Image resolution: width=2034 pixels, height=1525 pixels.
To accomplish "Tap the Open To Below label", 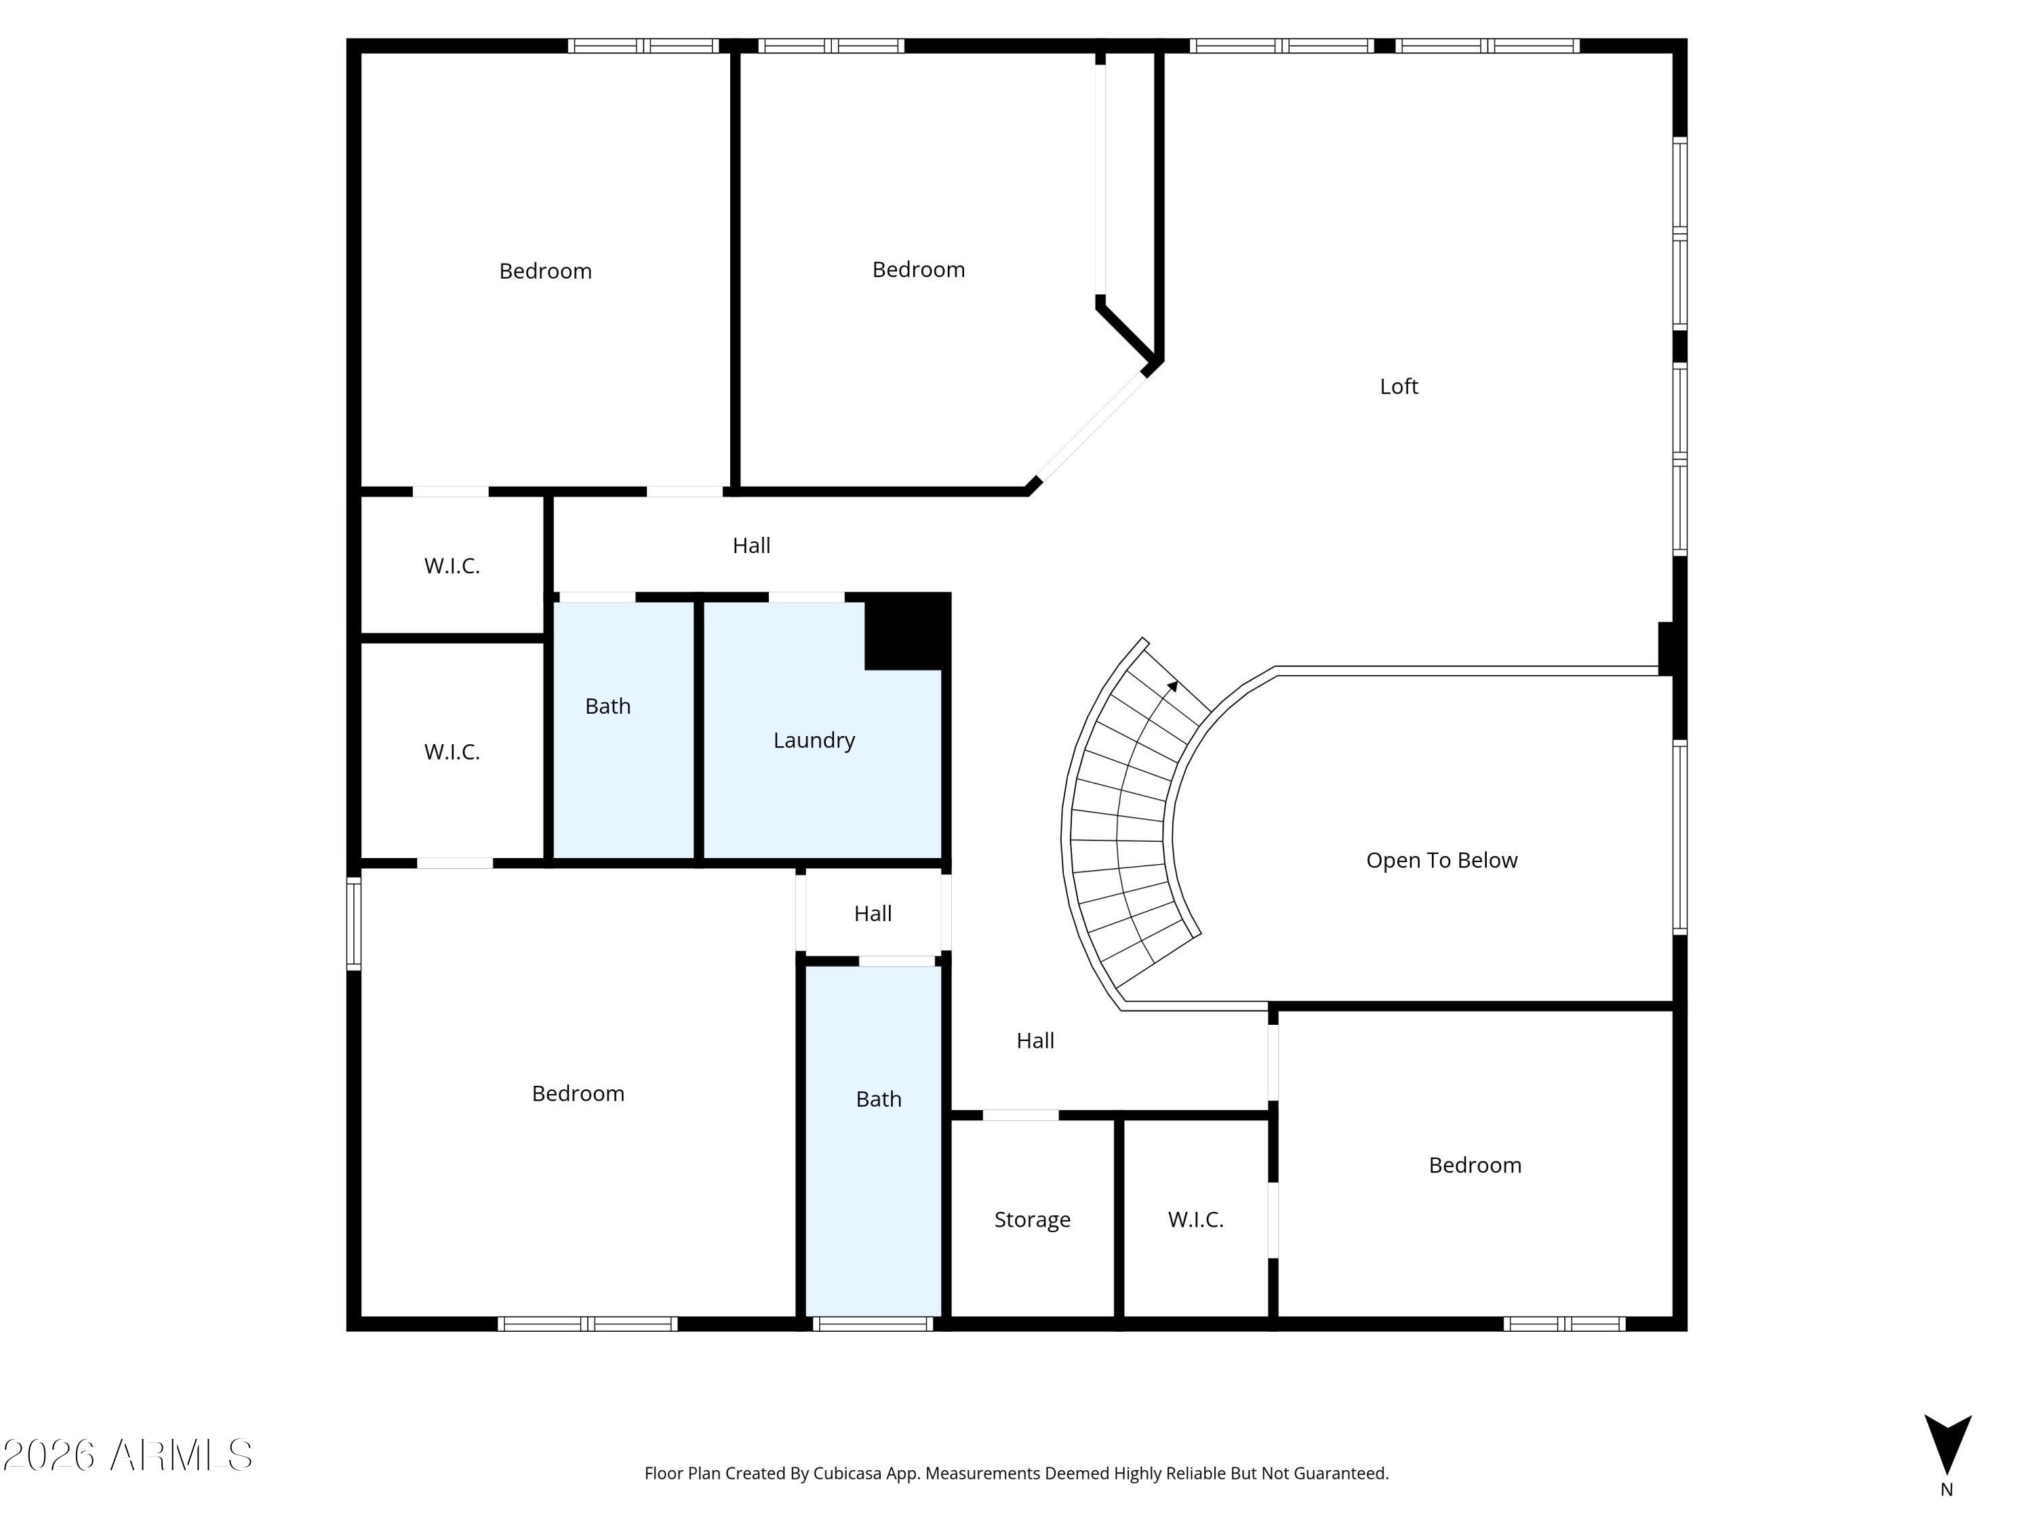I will [x=1441, y=860].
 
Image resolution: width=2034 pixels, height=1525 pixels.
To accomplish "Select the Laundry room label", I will [x=814, y=740].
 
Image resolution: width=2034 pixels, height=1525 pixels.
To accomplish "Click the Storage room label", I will [x=1032, y=1220].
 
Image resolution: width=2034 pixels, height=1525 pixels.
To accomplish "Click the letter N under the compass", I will [x=1946, y=1490].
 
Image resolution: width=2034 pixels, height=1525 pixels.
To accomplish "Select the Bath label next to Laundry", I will [x=607, y=706].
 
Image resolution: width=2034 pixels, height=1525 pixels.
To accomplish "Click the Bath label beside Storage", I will [x=878, y=1099].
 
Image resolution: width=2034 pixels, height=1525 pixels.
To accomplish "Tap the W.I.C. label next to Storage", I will [x=1195, y=1220].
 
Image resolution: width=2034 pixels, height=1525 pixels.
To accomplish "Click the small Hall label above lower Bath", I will [x=873, y=914].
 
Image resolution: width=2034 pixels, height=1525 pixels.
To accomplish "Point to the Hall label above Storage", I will [x=1035, y=1040].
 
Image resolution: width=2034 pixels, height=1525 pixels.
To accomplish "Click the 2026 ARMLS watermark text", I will [x=128, y=1455].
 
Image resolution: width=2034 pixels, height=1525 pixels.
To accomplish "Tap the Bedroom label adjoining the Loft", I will [x=918, y=269].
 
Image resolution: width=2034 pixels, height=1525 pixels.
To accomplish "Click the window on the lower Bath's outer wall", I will [x=873, y=1324].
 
